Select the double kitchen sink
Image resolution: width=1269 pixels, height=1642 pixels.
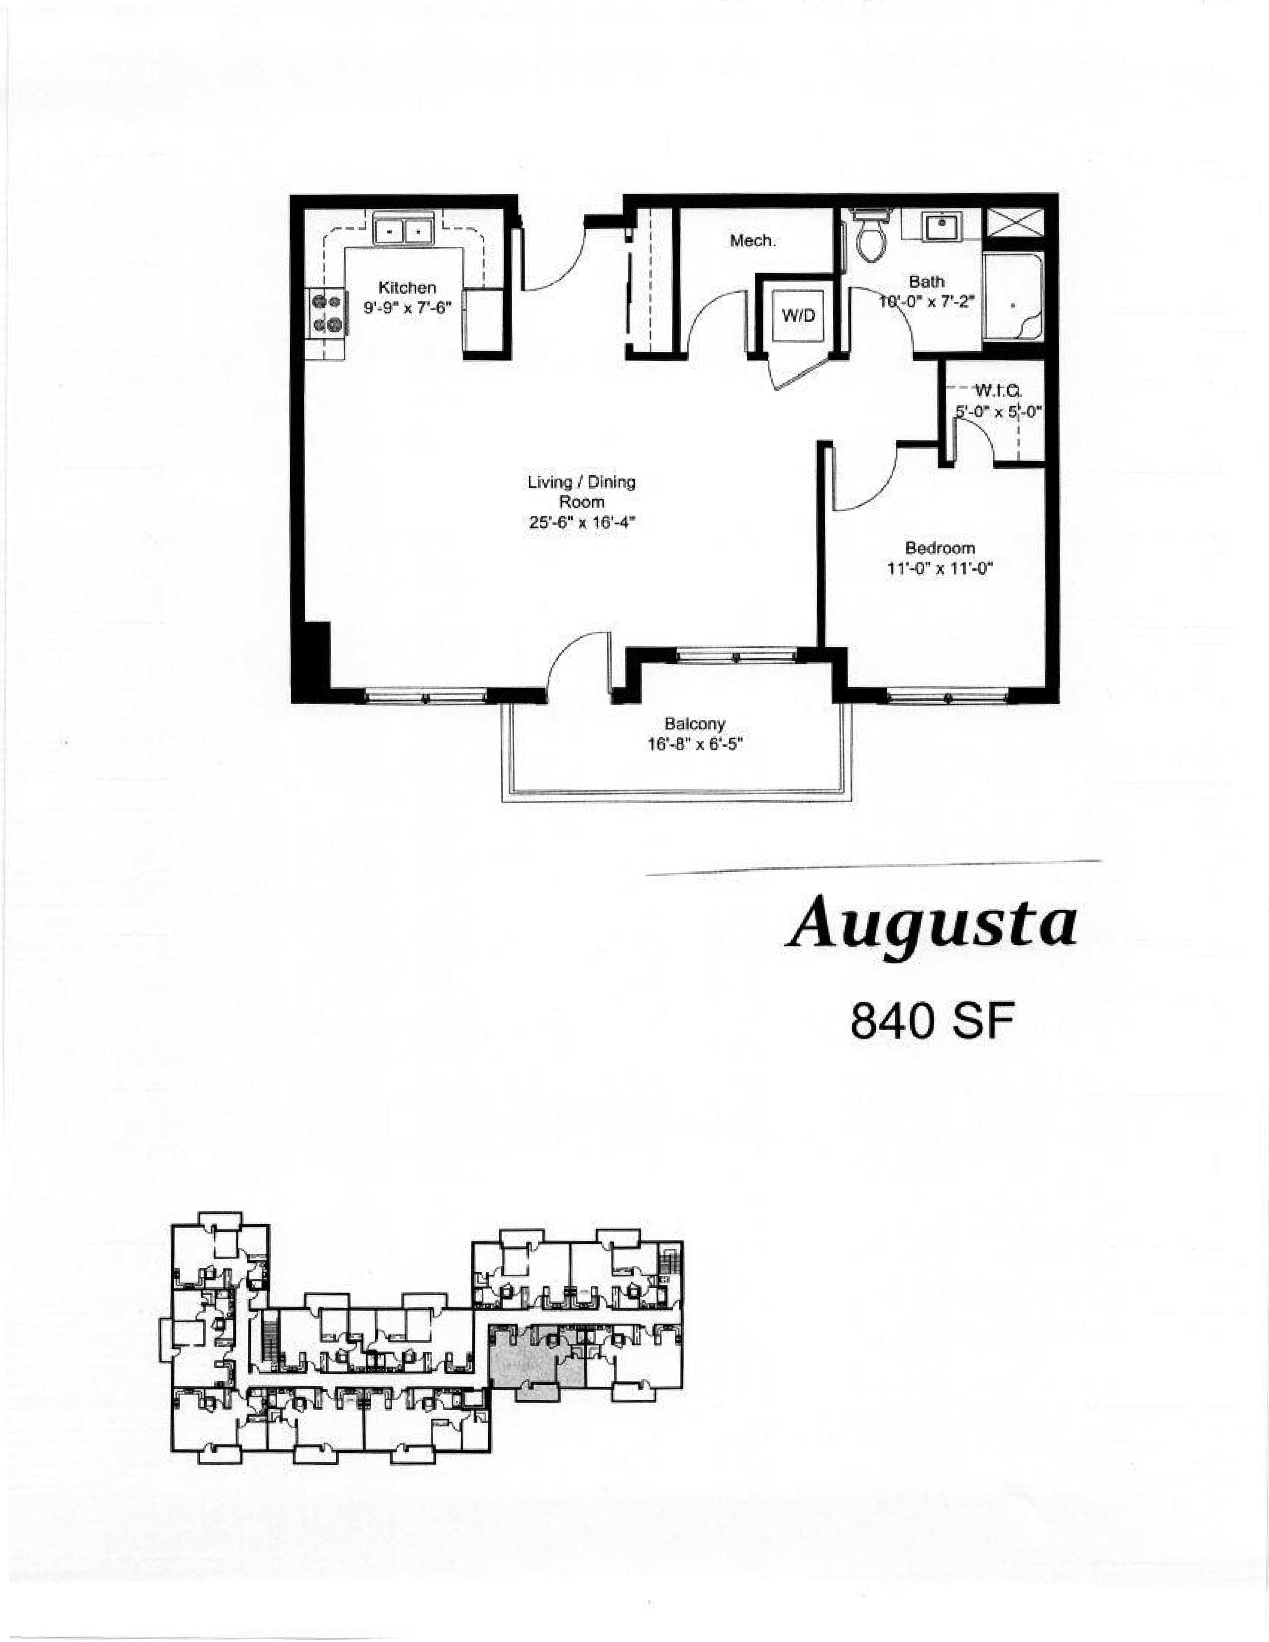tap(404, 229)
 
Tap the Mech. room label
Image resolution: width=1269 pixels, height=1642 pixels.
tap(752, 241)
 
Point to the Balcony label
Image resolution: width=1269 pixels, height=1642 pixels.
tap(695, 724)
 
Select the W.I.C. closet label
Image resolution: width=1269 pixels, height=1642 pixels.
tap(997, 390)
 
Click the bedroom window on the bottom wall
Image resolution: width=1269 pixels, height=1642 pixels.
tap(947, 697)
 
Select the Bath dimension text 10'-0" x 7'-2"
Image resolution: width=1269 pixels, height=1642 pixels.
tap(927, 302)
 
